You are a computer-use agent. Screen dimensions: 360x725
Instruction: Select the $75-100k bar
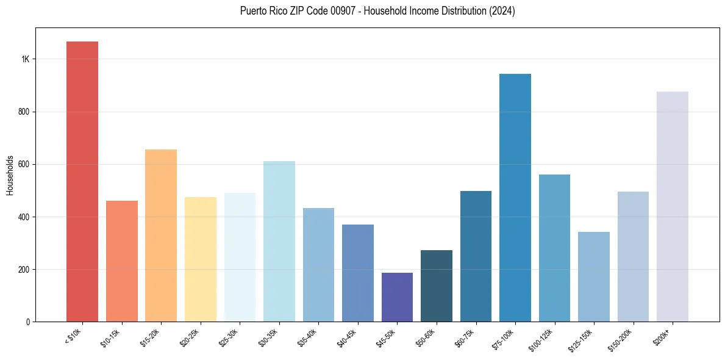pyautogui.click(x=515, y=198)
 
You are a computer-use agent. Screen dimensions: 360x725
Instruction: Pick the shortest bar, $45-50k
pyautogui.click(x=397, y=297)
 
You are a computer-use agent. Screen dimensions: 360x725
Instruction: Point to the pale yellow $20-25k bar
pyautogui.click(x=201, y=259)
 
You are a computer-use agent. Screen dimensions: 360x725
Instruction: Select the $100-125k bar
pyautogui.click(x=554, y=248)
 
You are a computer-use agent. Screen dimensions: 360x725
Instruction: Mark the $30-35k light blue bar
pyautogui.click(x=279, y=241)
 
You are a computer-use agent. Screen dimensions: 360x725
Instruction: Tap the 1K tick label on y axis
pyautogui.click(x=26, y=59)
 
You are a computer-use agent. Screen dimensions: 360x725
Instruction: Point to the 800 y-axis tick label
pyautogui.click(x=24, y=112)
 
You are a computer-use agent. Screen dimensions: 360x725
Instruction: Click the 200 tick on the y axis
pyautogui.click(x=24, y=269)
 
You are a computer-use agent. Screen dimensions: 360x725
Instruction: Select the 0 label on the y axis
pyautogui.click(x=28, y=322)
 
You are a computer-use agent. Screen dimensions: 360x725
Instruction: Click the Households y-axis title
pyautogui.click(x=10, y=175)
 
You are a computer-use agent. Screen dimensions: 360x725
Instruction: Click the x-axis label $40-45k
pyautogui.click(x=346, y=337)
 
